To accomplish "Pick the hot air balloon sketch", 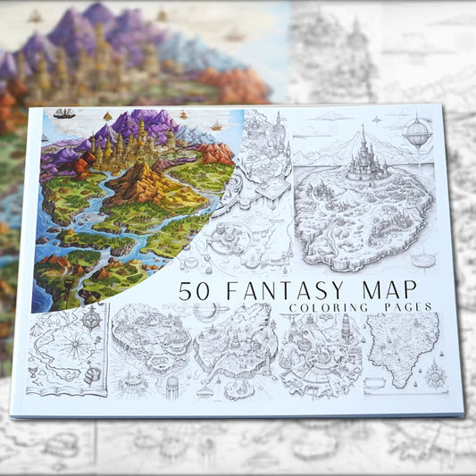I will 417,135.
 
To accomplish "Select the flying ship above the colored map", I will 64,113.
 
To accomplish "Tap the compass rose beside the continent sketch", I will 435,376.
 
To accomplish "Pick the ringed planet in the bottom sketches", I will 207,312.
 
